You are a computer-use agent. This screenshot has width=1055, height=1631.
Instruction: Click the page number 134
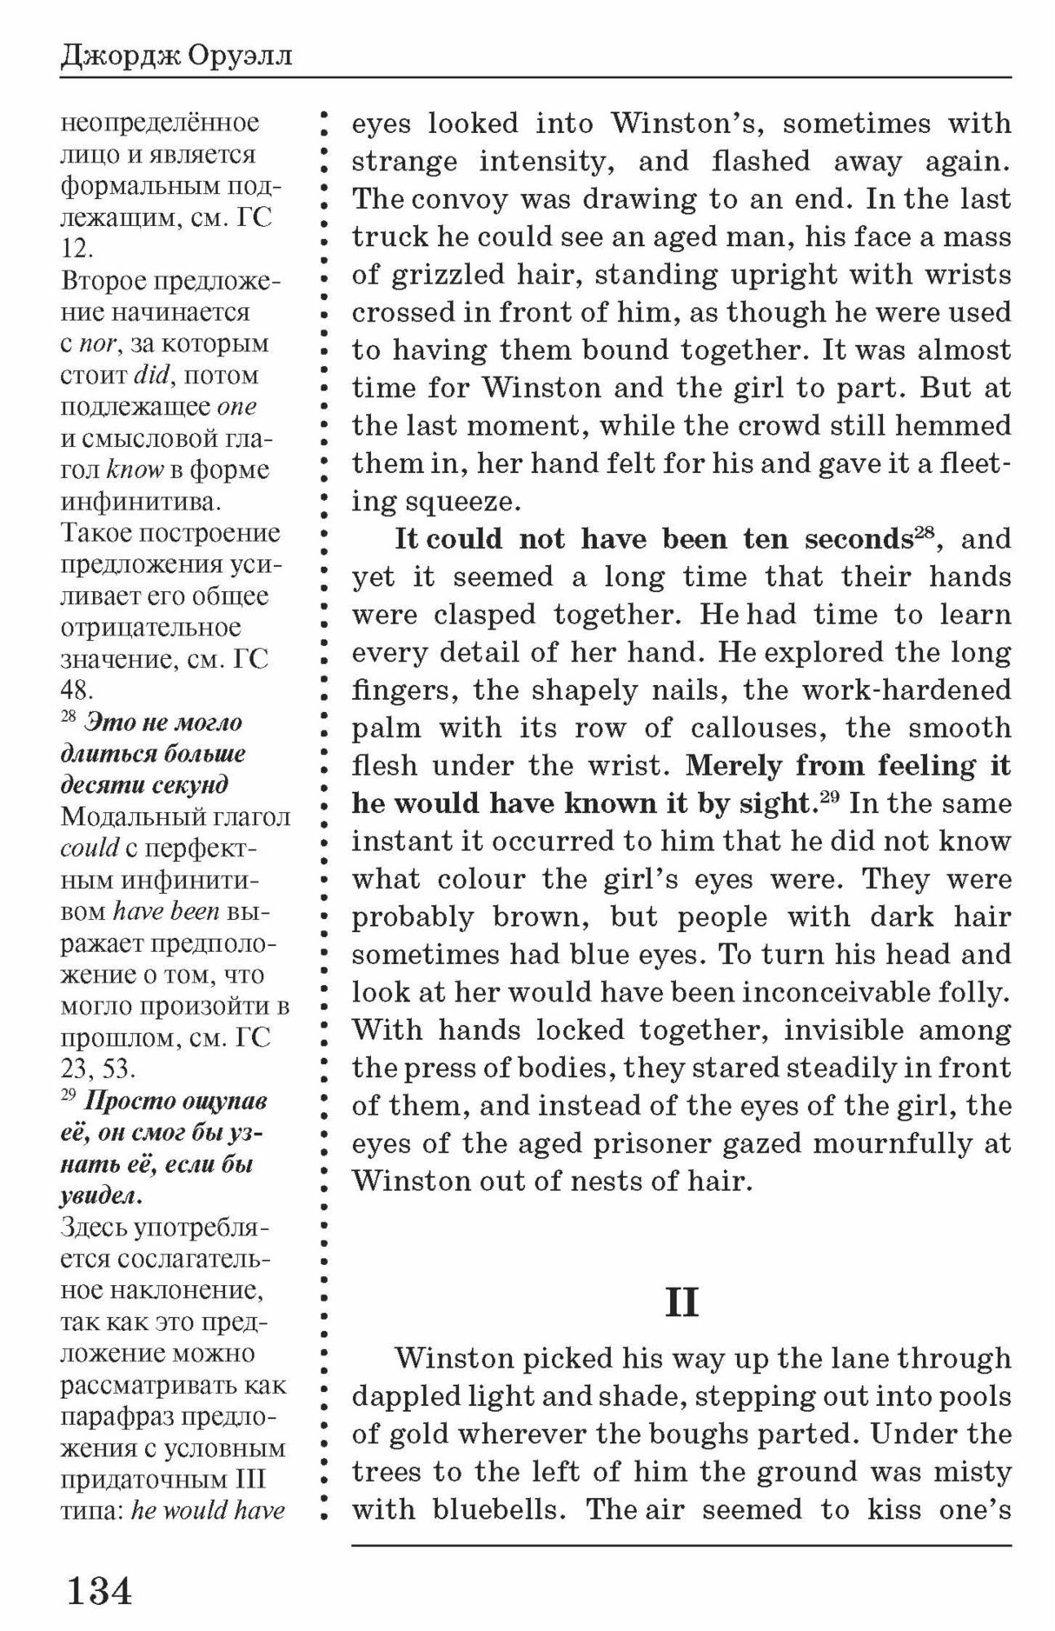pos(99,1589)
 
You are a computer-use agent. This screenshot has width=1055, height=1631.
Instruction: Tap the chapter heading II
pos(682,1302)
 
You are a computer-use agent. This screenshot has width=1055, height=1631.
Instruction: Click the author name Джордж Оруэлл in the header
pos(176,58)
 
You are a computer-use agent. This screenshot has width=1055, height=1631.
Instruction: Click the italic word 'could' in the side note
pos(90,848)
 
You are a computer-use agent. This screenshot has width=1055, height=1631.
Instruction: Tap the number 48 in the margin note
pos(77,691)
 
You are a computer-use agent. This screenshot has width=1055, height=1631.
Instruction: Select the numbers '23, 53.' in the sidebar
pos(98,1068)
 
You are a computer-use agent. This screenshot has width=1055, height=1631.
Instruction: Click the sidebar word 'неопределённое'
pos(160,124)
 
